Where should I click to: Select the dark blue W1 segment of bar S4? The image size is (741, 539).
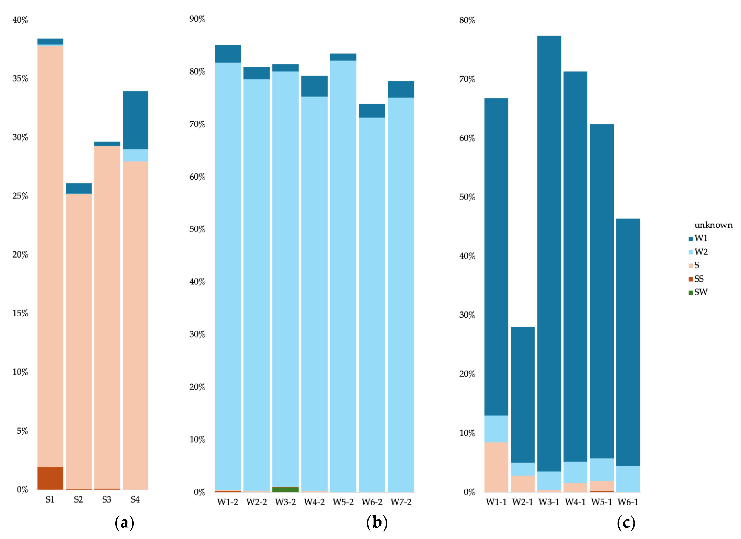[x=135, y=120]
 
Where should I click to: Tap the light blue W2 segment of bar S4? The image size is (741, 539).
[x=135, y=155]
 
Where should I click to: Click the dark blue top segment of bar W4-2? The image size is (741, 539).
[x=314, y=86]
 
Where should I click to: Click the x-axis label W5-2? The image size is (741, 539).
[x=343, y=502]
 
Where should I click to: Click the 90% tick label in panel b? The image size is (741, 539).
[x=197, y=19]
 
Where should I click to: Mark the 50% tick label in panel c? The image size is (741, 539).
[x=467, y=197]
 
